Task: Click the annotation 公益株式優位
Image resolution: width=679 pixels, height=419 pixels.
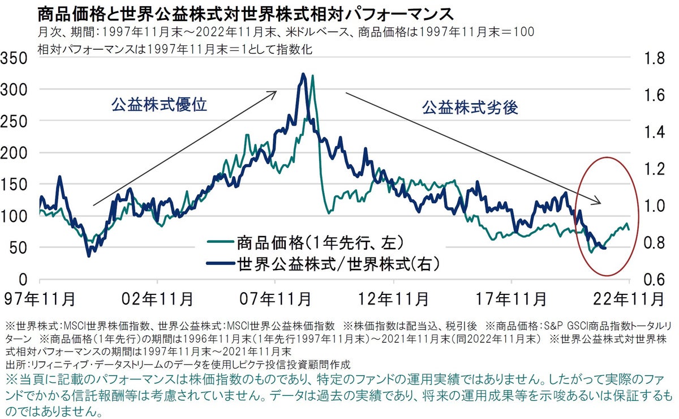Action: (160, 105)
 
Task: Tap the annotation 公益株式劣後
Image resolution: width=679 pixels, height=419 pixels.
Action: (470, 107)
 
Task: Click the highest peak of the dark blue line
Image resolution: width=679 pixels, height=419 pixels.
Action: (304, 74)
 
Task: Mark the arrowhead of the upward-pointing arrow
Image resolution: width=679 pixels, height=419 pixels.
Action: (275, 91)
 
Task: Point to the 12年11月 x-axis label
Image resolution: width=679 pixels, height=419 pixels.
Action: (393, 297)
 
